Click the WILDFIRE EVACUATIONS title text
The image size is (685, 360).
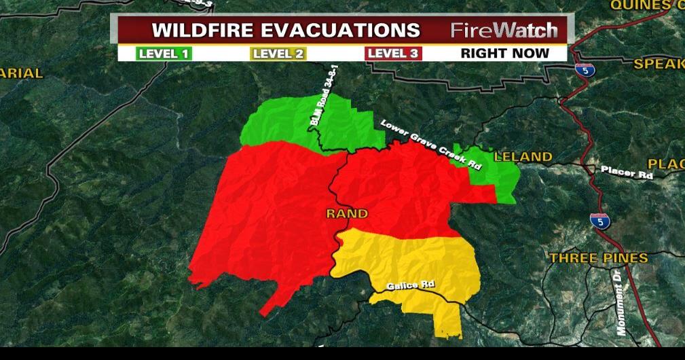click(286, 31)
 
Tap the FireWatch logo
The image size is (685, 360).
click(504, 31)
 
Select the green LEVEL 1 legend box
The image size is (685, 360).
click(164, 53)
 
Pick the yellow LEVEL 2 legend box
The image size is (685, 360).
click(278, 53)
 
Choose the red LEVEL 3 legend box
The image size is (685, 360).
click(394, 53)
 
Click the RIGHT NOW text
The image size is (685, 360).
click(505, 53)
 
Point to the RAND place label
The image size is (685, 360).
click(347, 213)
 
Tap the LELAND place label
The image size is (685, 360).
click(523, 157)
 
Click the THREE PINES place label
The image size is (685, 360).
click(598, 258)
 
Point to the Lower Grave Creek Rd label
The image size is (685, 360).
click(430, 145)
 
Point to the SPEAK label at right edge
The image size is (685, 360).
click(659, 64)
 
